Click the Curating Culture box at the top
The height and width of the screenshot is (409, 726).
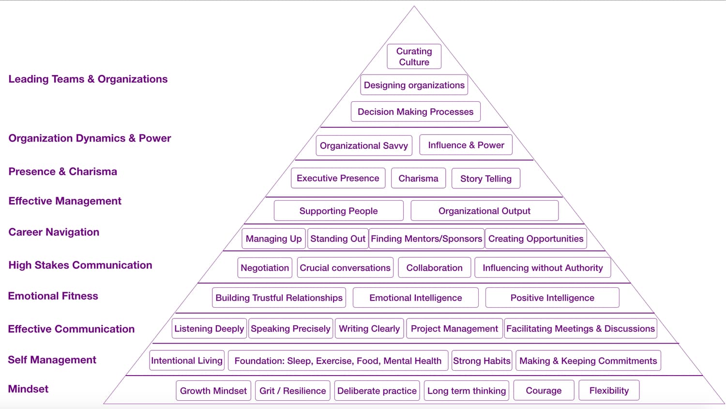point(414,57)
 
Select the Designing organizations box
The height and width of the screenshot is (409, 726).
point(414,85)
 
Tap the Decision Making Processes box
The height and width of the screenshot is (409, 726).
point(415,112)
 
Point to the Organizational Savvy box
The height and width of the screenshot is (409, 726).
point(364,145)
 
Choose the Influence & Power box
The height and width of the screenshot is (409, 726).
point(466,145)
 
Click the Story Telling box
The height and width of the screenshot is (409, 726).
point(485,178)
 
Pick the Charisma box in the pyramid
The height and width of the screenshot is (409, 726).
point(418,178)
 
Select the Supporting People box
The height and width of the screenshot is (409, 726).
point(338,211)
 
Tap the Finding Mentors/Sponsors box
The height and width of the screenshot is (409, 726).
point(426,238)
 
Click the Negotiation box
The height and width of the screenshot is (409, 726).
point(265,267)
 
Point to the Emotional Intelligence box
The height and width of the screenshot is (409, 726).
point(415,298)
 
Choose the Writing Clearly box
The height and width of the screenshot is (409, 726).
point(369,329)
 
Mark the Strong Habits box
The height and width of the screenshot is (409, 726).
point(482,361)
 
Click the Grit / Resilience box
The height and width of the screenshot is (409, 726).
point(292,391)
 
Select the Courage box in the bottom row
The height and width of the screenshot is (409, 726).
point(544,391)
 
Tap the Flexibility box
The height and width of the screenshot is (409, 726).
point(609,391)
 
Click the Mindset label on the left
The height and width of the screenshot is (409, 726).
point(29,389)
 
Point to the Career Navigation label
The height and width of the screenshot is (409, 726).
point(54,232)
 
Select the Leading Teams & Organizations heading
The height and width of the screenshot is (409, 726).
point(88,79)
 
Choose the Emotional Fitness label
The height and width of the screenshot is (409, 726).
point(53,296)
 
